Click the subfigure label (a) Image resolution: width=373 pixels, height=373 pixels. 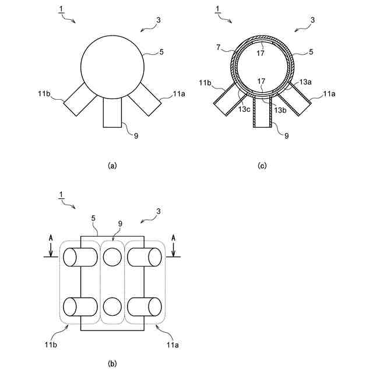click(x=113, y=166)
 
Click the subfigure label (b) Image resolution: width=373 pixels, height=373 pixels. click(x=112, y=364)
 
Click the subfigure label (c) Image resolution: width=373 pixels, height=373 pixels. click(x=262, y=166)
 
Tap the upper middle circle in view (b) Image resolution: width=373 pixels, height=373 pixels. click(x=112, y=256)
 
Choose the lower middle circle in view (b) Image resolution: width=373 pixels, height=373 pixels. click(x=112, y=306)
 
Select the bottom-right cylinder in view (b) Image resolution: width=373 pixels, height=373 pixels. click(x=145, y=307)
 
